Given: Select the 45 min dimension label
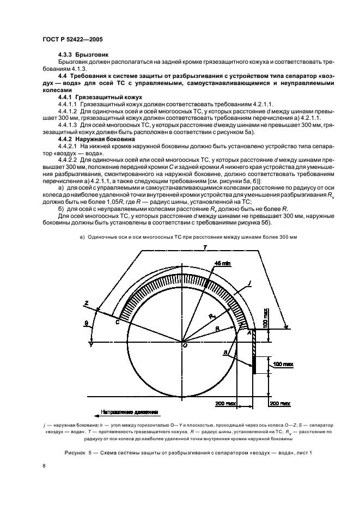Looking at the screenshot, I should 208,263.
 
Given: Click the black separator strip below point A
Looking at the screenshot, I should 254,360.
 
